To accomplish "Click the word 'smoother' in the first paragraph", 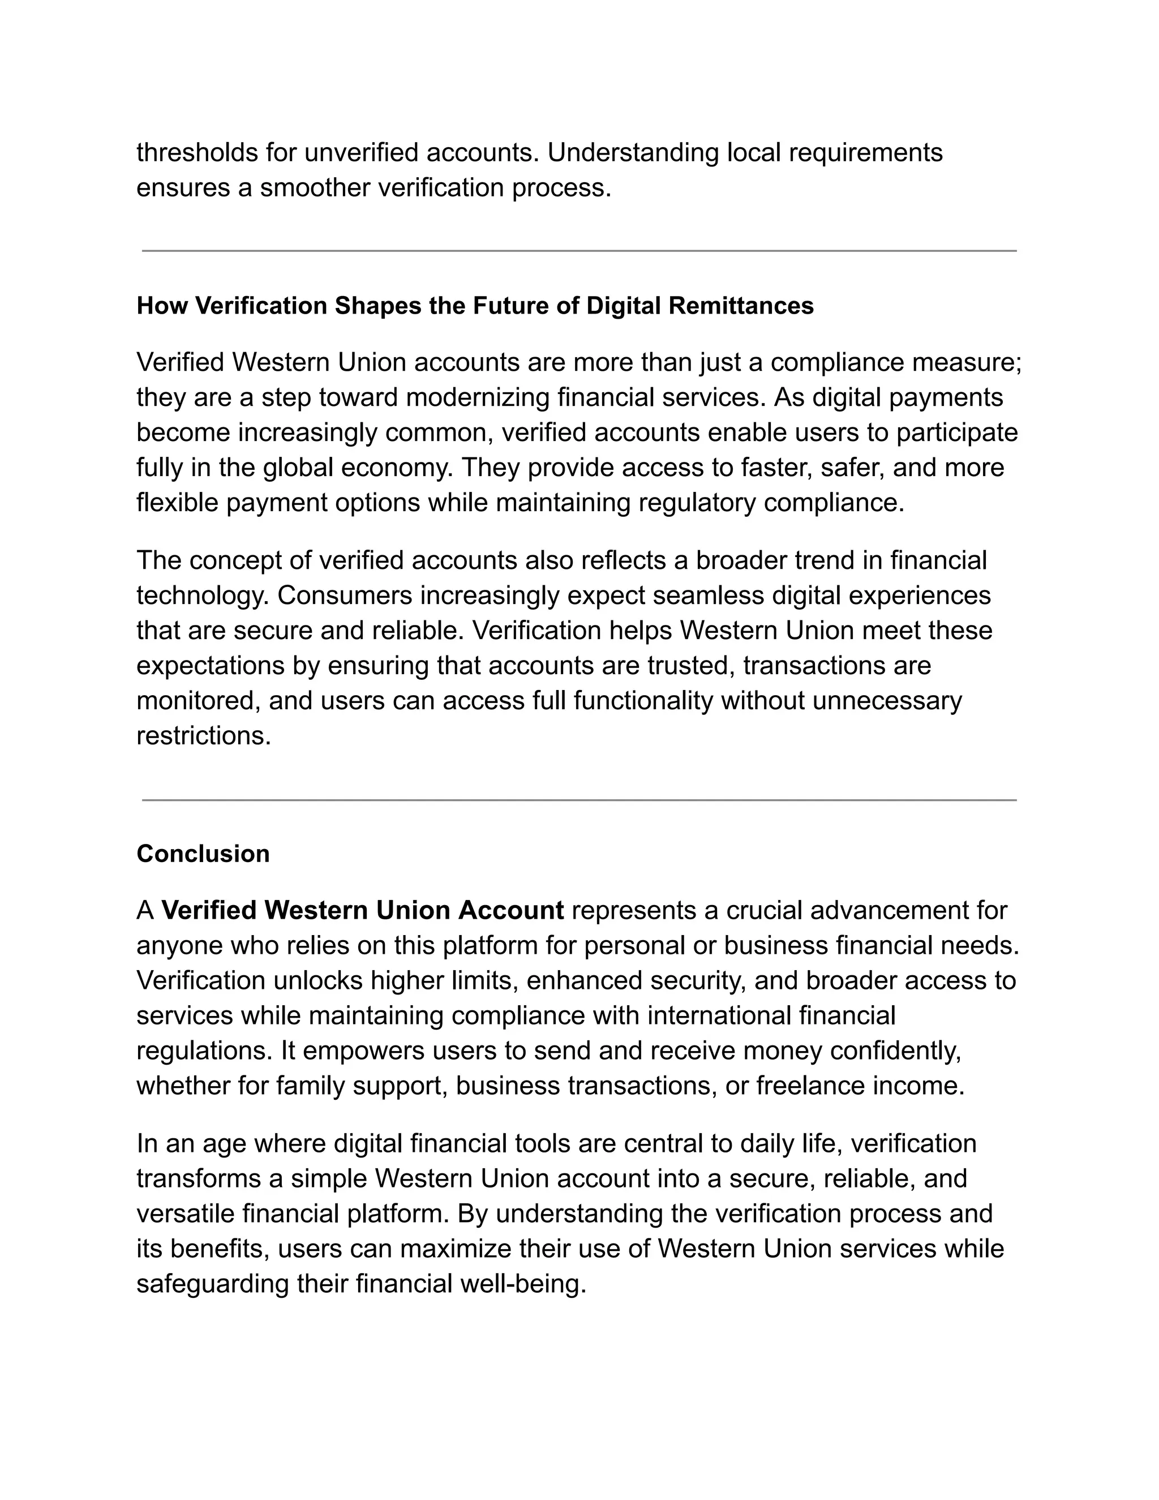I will [315, 187].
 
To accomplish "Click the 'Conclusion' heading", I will [203, 854].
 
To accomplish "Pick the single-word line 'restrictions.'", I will [204, 736].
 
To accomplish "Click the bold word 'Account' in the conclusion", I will [511, 911].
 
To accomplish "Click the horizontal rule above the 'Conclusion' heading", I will [579, 800].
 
